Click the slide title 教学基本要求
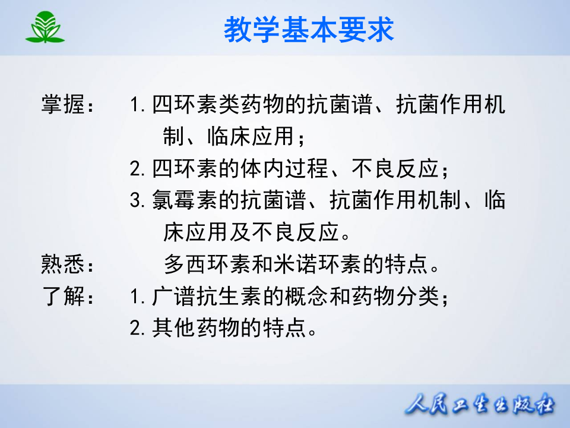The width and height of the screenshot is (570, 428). pyautogui.click(x=309, y=29)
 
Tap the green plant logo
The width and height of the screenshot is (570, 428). pyautogui.click(x=45, y=27)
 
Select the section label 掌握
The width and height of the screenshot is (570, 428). pyautogui.click(x=63, y=106)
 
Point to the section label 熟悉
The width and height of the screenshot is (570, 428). pyautogui.click(x=63, y=264)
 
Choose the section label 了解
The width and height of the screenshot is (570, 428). pyautogui.click(x=63, y=295)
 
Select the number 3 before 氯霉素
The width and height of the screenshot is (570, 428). pyautogui.click(x=136, y=200)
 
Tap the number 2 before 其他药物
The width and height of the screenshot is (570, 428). pyautogui.click(x=136, y=327)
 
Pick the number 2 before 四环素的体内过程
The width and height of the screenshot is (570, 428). pyautogui.click(x=136, y=169)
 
